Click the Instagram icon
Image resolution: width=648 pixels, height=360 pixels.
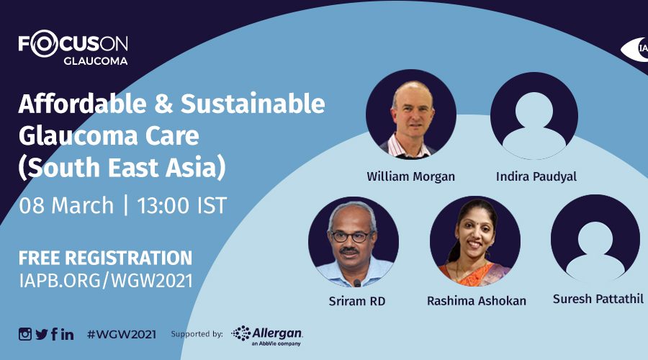[x=24, y=334]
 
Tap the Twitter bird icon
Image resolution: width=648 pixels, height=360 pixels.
[x=42, y=334]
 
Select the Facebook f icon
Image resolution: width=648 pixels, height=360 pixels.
[x=54, y=334]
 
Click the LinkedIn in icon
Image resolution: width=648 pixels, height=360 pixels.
[x=68, y=334]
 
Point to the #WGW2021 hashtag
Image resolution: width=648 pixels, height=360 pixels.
[x=122, y=334]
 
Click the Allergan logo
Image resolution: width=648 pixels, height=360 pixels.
[x=267, y=336]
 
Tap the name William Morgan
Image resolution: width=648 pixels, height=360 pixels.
[x=411, y=176]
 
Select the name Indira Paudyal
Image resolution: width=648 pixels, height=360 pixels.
[x=536, y=176]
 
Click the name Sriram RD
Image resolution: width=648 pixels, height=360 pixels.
[x=357, y=301]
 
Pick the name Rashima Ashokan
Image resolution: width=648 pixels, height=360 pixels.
[x=477, y=301]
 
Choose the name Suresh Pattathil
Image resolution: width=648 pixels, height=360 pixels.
[x=598, y=299]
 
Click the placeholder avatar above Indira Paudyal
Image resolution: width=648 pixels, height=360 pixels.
[x=534, y=115]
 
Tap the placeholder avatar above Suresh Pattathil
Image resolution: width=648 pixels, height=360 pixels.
[x=595, y=239]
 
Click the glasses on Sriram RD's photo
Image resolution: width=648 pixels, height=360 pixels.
[x=351, y=237]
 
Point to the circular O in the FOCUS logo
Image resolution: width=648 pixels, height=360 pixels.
[x=44, y=44]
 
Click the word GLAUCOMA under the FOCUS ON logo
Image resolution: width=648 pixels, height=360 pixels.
[x=96, y=61]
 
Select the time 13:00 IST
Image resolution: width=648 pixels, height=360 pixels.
[x=182, y=205]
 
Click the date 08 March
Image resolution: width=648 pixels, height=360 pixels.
[x=66, y=205]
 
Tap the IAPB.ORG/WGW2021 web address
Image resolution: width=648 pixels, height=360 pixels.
[x=106, y=281]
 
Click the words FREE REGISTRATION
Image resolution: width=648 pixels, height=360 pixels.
[x=105, y=258]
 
